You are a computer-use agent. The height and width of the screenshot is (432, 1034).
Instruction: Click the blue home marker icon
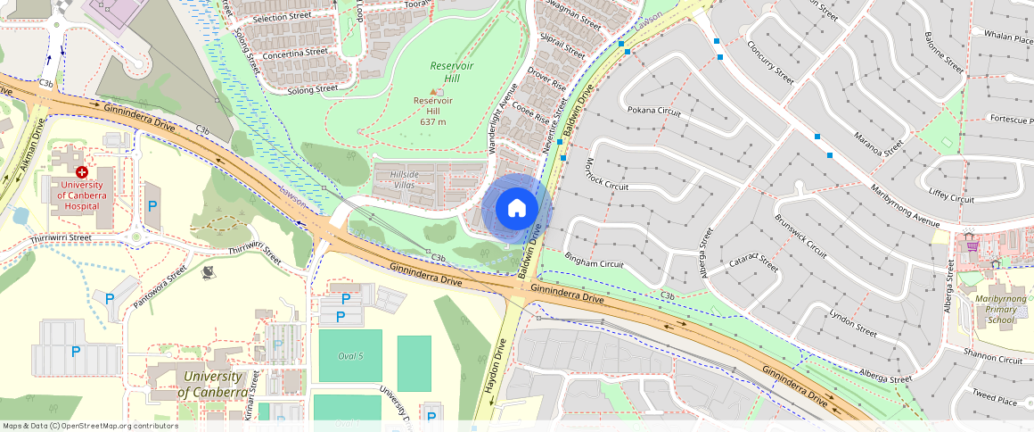pyautogui.click(x=517, y=209)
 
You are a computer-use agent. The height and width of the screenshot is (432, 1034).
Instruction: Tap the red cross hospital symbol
pyautogui.click(x=82, y=171)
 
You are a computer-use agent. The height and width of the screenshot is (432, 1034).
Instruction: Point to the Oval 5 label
pyautogui.click(x=350, y=356)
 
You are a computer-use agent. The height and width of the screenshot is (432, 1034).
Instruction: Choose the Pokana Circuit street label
pyautogui.click(x=654, y=112)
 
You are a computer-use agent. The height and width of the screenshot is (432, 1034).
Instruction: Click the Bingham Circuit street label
pyautogui.click(x=594, y=264)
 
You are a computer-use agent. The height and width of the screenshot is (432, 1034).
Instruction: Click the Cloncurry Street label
pyautogui.click(x=770, y=58)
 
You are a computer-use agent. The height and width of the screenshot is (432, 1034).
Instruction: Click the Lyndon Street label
pyautogui.click(x=854, y=322)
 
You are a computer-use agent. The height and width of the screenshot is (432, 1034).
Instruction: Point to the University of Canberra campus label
pyautogui.click(x=212, y=385)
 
